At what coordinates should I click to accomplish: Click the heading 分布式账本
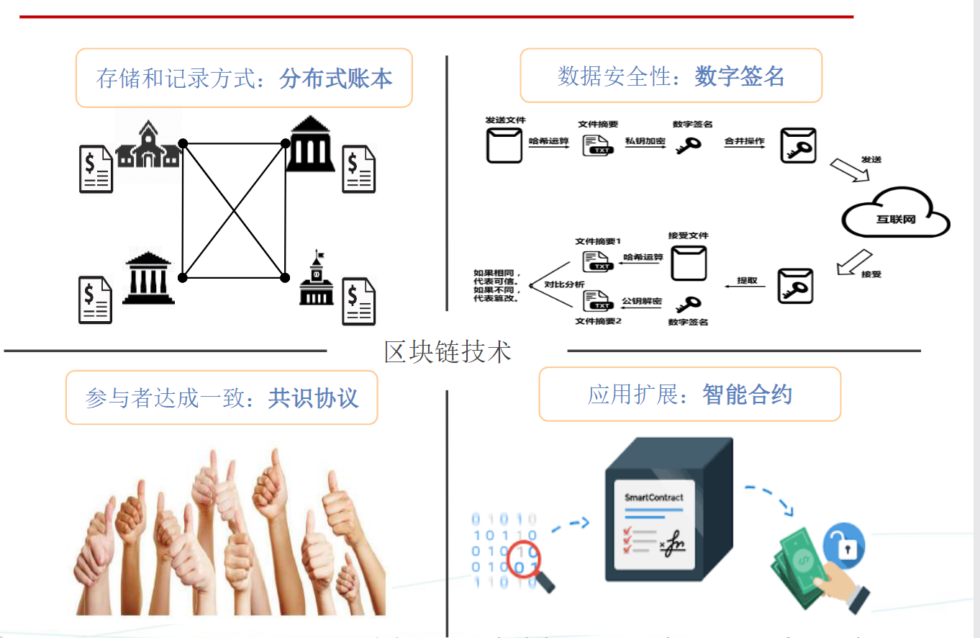[336, 78]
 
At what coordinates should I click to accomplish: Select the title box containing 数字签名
[671, 76]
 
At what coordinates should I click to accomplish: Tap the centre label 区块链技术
[448, 351]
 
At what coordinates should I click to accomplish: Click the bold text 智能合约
[747, 395]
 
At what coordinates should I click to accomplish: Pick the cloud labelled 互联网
[896, 217]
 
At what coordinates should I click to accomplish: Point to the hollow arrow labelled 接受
[854, 262]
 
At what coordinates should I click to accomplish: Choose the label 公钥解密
[642, 300]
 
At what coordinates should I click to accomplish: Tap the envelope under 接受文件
[689, 262]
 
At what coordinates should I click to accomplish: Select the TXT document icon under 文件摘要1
[598, 262]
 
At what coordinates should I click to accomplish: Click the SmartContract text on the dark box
[653, 497]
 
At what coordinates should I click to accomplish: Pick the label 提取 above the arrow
[747, 280]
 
